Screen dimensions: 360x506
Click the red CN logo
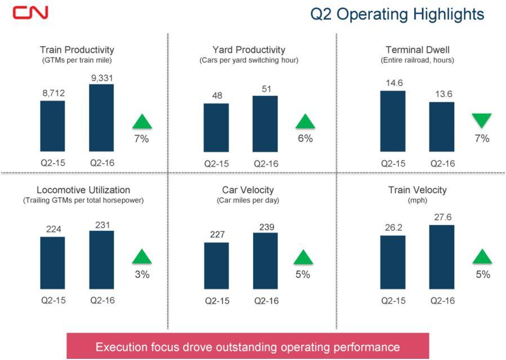click(x=30, y=12)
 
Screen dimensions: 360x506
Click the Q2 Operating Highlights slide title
click(x=397, y=14)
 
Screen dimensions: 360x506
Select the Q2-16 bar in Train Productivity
click(x=101, y=118)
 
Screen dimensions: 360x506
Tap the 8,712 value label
click(x=52, y=91)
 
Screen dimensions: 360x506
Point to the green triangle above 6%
click(x=306, y=122)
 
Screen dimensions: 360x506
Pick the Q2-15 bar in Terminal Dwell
click(x=392, y=121)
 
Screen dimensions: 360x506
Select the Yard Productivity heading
click(x=249, y=50)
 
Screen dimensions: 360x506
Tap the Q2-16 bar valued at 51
click(x=265, y=123)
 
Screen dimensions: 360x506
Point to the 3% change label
click(x=142, y=275)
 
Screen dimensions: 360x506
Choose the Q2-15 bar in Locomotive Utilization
click(x=52, y=263)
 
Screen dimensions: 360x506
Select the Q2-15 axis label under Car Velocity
click(x=216, y=301)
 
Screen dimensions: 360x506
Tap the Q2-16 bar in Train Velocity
click(x=441, y=256)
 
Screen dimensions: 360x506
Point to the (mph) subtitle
click(x=417, y=200)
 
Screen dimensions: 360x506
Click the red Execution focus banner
click(x=248, y=346)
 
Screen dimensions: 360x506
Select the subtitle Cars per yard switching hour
click(x=249, y=60)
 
